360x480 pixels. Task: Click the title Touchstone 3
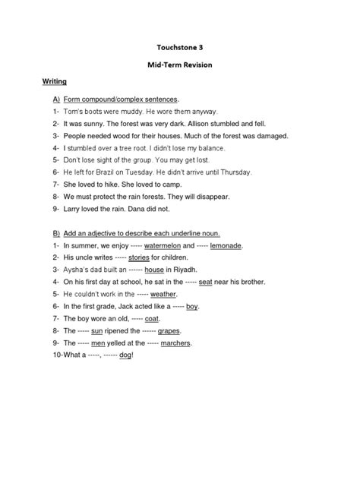coord(179,47)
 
